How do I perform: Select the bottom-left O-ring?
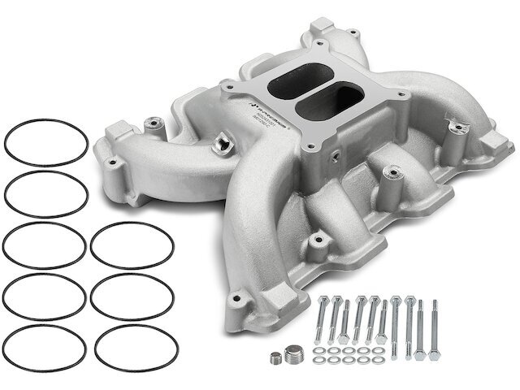45,345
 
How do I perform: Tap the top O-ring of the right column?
132,245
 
